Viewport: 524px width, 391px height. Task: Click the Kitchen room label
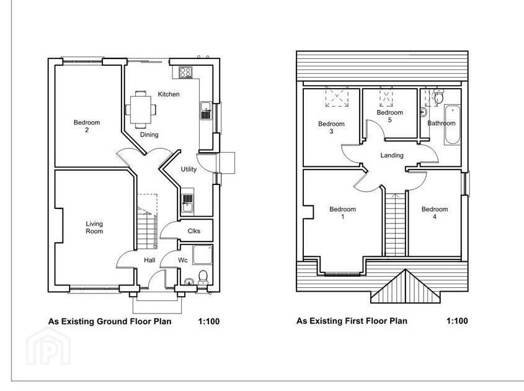tap(169, 94)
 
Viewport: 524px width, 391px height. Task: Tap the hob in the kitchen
tap(185, 72)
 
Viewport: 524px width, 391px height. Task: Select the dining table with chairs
tap(141, 109)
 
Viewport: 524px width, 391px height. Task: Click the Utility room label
tap(189, 169)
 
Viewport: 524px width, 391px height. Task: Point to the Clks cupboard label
tap(194, 231)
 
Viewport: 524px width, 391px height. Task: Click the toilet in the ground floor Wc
tap(203, 277)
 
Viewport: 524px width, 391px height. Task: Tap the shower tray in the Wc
tap(202, 255)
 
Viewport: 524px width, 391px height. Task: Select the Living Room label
tap(94, 227)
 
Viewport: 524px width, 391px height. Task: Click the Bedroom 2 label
tap(87, 126)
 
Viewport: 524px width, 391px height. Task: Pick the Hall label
tap(149, 260)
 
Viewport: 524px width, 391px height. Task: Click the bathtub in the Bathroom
tap(453, 125)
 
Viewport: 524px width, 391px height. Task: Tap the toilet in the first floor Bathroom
tap(438, 97)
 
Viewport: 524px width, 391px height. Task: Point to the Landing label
tap(392, 156)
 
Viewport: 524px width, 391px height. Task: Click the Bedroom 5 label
tap(389, 116)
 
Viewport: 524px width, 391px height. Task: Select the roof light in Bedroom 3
tap(337, 97)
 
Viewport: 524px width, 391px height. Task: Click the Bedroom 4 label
tap(435, 213)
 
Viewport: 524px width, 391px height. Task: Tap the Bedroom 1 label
tap(342, 213)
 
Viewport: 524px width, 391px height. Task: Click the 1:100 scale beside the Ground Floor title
tap(209, 321)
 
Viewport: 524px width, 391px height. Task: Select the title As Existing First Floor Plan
tap(352, 321)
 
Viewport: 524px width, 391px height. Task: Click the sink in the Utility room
tap(187, 204)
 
